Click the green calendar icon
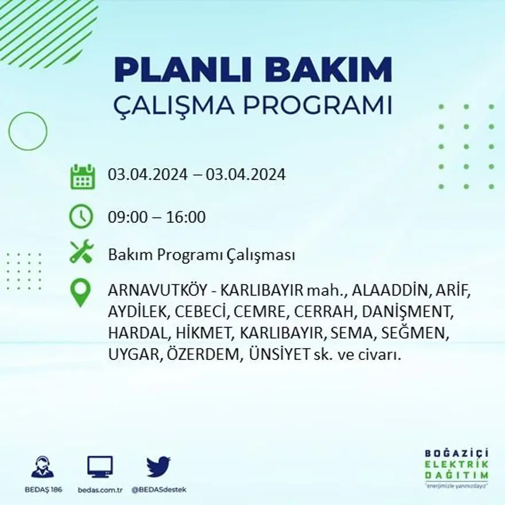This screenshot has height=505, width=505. click(82, 177)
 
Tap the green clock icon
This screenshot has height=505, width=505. click(81, 216)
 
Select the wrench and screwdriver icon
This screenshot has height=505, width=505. click(81, 252)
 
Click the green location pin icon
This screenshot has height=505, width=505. click(80, 292)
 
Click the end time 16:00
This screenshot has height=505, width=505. click(186, 217)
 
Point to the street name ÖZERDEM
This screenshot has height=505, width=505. click(204, 355)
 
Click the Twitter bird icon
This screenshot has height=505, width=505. click(158, 466)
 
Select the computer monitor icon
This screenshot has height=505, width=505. click(100, 466)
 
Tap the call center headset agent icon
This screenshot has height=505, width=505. click(42, 467)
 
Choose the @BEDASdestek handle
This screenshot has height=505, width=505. click(159, 490)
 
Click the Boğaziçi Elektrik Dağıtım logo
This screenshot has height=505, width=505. click(457, 467)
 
